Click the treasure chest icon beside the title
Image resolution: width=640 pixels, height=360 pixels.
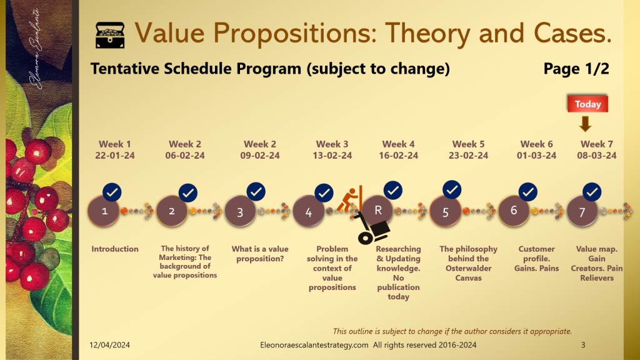pyautogui.click(x=110, y=35)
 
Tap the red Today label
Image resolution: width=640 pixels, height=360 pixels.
pyautogui.click(x=587, y=104)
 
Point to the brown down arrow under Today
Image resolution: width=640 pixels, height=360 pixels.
pyautogui.click(x=585, y=124)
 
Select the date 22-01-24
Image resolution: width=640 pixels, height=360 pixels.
pyautogui.click(x=115, y=156)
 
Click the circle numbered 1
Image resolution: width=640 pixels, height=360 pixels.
pyautogui.click(x=104, y=211)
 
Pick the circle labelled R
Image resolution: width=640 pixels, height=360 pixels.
pyautogui.click(x=377, y=211)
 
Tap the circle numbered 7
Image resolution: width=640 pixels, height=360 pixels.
pyautogui.click(x=582, y=211)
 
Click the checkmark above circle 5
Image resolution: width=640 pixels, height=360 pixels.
pyautogui.click(x=452, y=190)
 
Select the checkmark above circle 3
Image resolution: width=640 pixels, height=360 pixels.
pyautogui.click(x=256, y=191)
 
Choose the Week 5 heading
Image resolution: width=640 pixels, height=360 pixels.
pyautogui.click(x=468, y=144)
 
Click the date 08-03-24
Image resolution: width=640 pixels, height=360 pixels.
pyautogui.click(x=597, y=156)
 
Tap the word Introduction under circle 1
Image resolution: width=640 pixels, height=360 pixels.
pyautogui.click(x=115, y=249)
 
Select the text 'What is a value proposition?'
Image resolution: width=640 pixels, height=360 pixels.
pyautogui.click(x=260, y=254)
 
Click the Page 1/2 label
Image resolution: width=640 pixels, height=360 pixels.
pyautogui.click(x=576, y=69)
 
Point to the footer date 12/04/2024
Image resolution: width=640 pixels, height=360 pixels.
pyautogui.click(x=109, y=345)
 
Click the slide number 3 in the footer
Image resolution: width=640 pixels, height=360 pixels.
pyautogui.click(x=583, y=345)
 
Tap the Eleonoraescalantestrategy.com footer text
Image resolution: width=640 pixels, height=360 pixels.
pyautogui.click(x=314, y=345)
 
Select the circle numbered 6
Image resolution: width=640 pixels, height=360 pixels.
pyautogui.click(x=514, y=211)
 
